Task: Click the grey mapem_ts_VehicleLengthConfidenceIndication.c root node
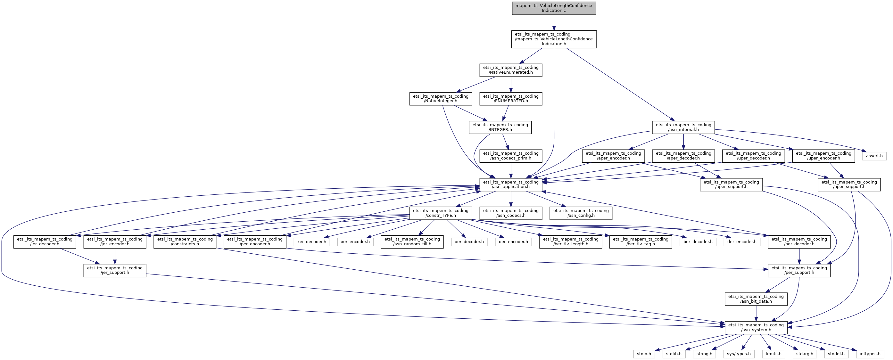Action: [x=554, y=8]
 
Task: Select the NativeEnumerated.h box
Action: [x=511, y=70]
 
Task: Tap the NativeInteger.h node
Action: [x=440, y=99]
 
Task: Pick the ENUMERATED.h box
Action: [x=511, y=99]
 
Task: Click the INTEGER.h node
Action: [x=500, y=127]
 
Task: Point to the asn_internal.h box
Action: [x=683, y=127]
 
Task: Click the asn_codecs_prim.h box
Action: [x=511, y=156]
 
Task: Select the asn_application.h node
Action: [x=511, y=184]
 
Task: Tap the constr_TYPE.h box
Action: [x=440, y=213]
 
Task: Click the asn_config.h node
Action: [x=581, y=213]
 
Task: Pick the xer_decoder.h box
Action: [x=311, y=241]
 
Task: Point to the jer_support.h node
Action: [x=115, y=270]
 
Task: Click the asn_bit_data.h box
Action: [x=756, y=299]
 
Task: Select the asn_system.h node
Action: [x=756, y=327]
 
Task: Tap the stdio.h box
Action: [x=644, y=354]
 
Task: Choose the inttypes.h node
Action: [x=870, y=354]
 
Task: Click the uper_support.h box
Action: [x=849, y=184]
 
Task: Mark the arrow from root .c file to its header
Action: [x=554, y=22]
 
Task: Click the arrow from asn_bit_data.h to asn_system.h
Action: [x=756, y=313]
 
